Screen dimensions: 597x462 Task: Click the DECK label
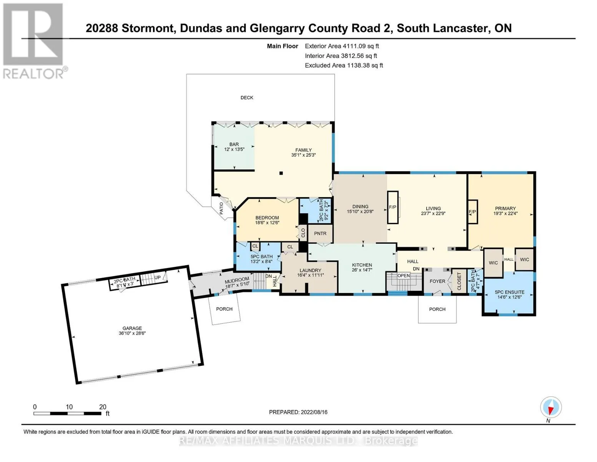[247, 98]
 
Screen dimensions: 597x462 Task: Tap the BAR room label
[234, 144]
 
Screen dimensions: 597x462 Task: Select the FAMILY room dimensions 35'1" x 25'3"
[303, 155]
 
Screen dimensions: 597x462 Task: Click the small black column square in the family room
[281, 173]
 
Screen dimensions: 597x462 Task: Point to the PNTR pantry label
[320, 233]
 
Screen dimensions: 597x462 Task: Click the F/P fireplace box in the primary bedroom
[472, 212]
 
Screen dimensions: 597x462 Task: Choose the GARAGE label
[132, 328]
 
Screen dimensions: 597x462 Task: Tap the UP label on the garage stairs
[158, 277]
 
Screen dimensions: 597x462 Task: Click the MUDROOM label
[237, 280]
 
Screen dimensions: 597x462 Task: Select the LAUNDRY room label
[311, 270]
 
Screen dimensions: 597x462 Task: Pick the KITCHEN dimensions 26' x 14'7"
[362, 270]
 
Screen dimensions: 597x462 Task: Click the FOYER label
[437, 281]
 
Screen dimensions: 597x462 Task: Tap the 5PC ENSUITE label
[510, 292]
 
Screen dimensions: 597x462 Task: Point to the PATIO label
[221, 208]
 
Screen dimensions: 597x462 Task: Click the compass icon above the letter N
[551, 407]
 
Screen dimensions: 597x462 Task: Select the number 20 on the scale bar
[103, 407]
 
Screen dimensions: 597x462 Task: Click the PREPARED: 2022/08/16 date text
[298, 412]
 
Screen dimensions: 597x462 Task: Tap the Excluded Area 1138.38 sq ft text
[344, 65]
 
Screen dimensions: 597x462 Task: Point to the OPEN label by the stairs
[404, 275]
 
